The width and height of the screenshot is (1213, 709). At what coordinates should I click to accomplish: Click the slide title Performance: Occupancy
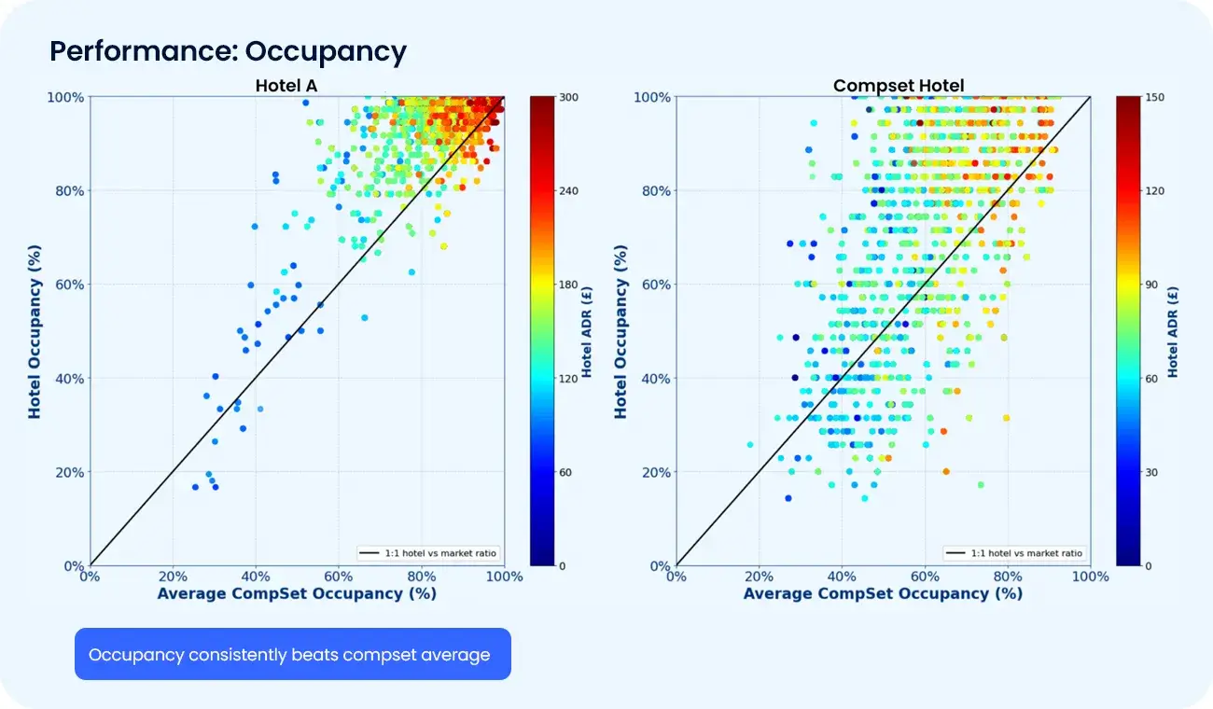point(228,51)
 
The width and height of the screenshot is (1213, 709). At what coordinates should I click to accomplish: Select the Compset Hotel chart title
point(899,86)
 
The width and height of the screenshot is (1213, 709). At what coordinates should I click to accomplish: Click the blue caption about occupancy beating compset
point(289,655)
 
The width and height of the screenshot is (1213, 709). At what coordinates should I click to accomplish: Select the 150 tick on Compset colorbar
point(1155,97)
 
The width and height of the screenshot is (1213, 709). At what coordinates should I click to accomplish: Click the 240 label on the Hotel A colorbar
point(569,190)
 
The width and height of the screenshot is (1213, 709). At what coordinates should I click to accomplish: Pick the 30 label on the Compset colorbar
point(1152,472)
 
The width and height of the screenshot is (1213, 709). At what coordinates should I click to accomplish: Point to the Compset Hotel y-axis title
point(621,331)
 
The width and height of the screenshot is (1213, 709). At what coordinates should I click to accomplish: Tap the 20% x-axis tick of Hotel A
point(173,577)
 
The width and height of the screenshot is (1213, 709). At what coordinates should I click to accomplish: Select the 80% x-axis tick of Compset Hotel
point(1008,577)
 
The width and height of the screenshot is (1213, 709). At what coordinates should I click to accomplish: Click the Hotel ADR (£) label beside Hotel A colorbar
point(587,331)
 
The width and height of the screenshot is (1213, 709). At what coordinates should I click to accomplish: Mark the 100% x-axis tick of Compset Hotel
point(1089,577)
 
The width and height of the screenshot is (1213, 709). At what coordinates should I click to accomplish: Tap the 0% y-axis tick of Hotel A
point(73,566)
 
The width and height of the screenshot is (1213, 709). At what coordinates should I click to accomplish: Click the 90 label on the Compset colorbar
point(1152,285)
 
